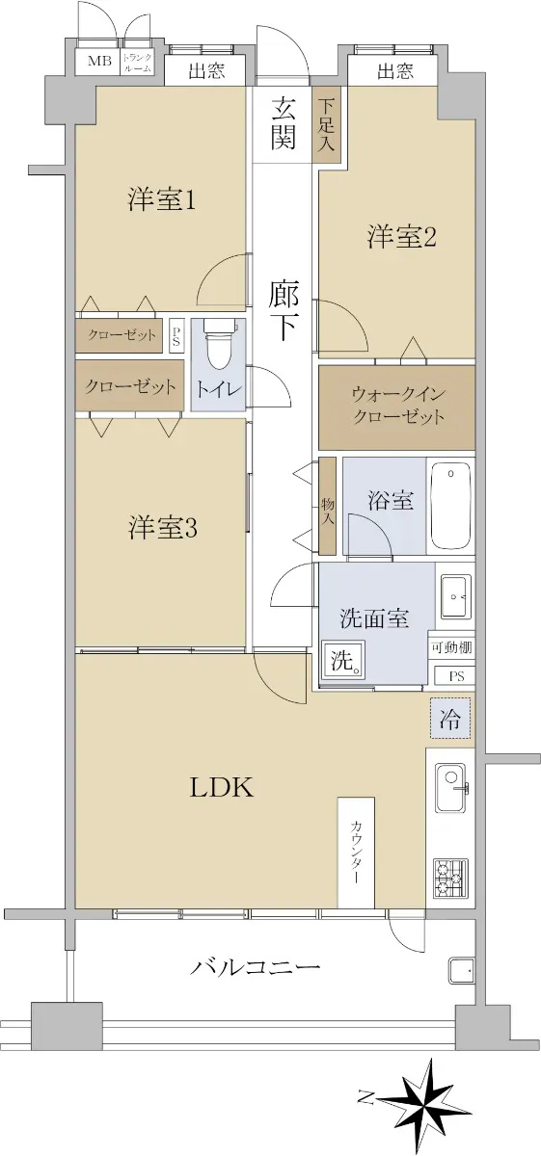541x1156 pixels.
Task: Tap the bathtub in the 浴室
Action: click(450, 506)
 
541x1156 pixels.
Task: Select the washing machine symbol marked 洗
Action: click(343, 659)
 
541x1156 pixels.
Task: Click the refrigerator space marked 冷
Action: click(450, 719)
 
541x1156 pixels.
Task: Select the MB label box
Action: click(99, 62)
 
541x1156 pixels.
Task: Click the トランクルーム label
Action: click(138, 63)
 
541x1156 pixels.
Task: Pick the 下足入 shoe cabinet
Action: click(327, 125)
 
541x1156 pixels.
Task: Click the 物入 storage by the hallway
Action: click(328, 507)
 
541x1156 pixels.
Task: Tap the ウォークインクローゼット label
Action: click(398, 406)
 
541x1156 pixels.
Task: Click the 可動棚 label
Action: click(452, 647)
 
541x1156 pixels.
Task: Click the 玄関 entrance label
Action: click(284, 123)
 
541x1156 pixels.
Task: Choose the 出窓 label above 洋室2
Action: click(395, 70)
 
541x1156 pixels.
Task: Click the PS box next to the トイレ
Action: click(176, 336)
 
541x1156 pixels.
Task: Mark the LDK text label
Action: click(222, 788)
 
